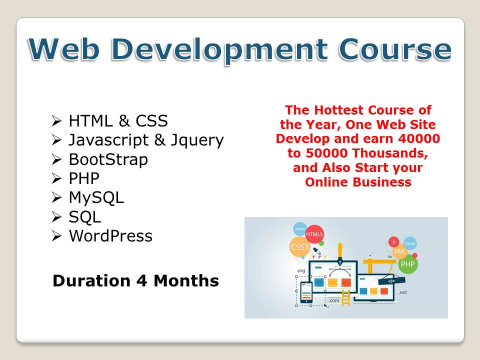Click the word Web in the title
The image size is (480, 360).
tap(63, 49)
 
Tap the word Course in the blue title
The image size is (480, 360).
tap(394, 49)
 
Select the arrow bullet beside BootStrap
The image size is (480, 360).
tap(56, 159)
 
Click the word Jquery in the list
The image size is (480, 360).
tap(197, 140)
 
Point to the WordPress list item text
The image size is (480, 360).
tap(110, 235)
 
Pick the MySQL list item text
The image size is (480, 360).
tap(96, 198)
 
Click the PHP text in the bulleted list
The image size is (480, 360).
tap(84, 178)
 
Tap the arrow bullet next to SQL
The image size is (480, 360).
tap(56, 216)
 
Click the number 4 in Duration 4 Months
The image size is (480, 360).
tap(141, 280)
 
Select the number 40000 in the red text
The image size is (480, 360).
tap(419, 138)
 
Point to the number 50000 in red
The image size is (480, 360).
tap(326, 153)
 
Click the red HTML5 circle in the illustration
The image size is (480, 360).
tap(314, 234)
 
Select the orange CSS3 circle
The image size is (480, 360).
tap(299, 246)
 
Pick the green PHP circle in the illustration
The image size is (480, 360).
tap(408, 264)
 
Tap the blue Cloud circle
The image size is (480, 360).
tap(410, 243)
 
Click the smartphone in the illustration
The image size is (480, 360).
tap(306, 292)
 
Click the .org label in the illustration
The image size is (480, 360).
tap(301, 270)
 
